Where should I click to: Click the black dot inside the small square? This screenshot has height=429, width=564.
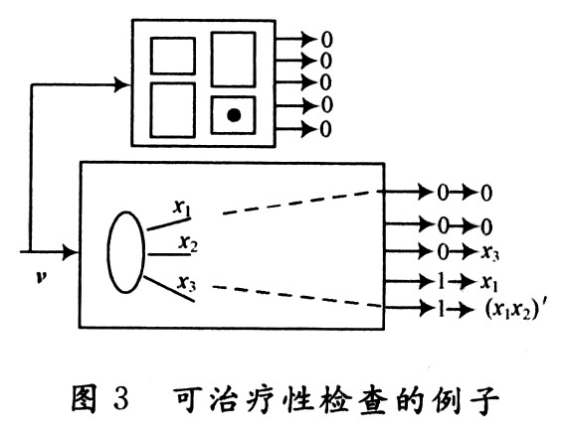(234, 116)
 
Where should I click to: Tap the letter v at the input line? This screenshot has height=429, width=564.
(40, 274)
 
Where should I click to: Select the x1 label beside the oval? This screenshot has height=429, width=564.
(182, 208)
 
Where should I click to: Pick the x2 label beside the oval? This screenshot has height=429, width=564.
(188, 241)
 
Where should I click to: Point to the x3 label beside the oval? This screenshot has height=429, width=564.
(186, 283)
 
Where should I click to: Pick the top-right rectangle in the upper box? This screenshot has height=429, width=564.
(234, 59)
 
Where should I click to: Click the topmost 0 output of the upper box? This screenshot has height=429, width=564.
(325, 41)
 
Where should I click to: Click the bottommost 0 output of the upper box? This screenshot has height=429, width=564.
(325, 129)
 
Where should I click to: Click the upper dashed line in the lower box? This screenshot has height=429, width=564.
(298, 202)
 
